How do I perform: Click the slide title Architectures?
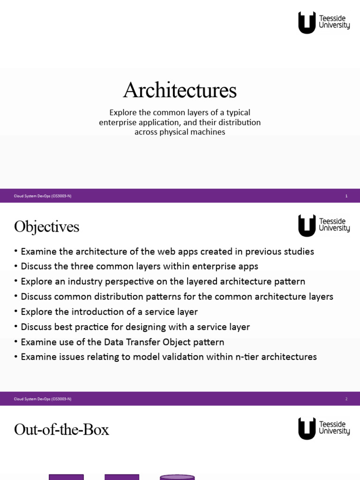(180, 90)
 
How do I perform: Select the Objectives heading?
(46, 227)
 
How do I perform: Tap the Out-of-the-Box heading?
(61, 429)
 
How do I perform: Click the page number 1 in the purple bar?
(346, 196)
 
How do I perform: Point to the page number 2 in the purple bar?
(346, 399)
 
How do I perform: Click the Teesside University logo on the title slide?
(324, 22)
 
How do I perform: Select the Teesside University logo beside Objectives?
(324, 225)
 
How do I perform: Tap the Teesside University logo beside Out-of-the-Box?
(324, 428)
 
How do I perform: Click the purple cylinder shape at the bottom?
(177, 477)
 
